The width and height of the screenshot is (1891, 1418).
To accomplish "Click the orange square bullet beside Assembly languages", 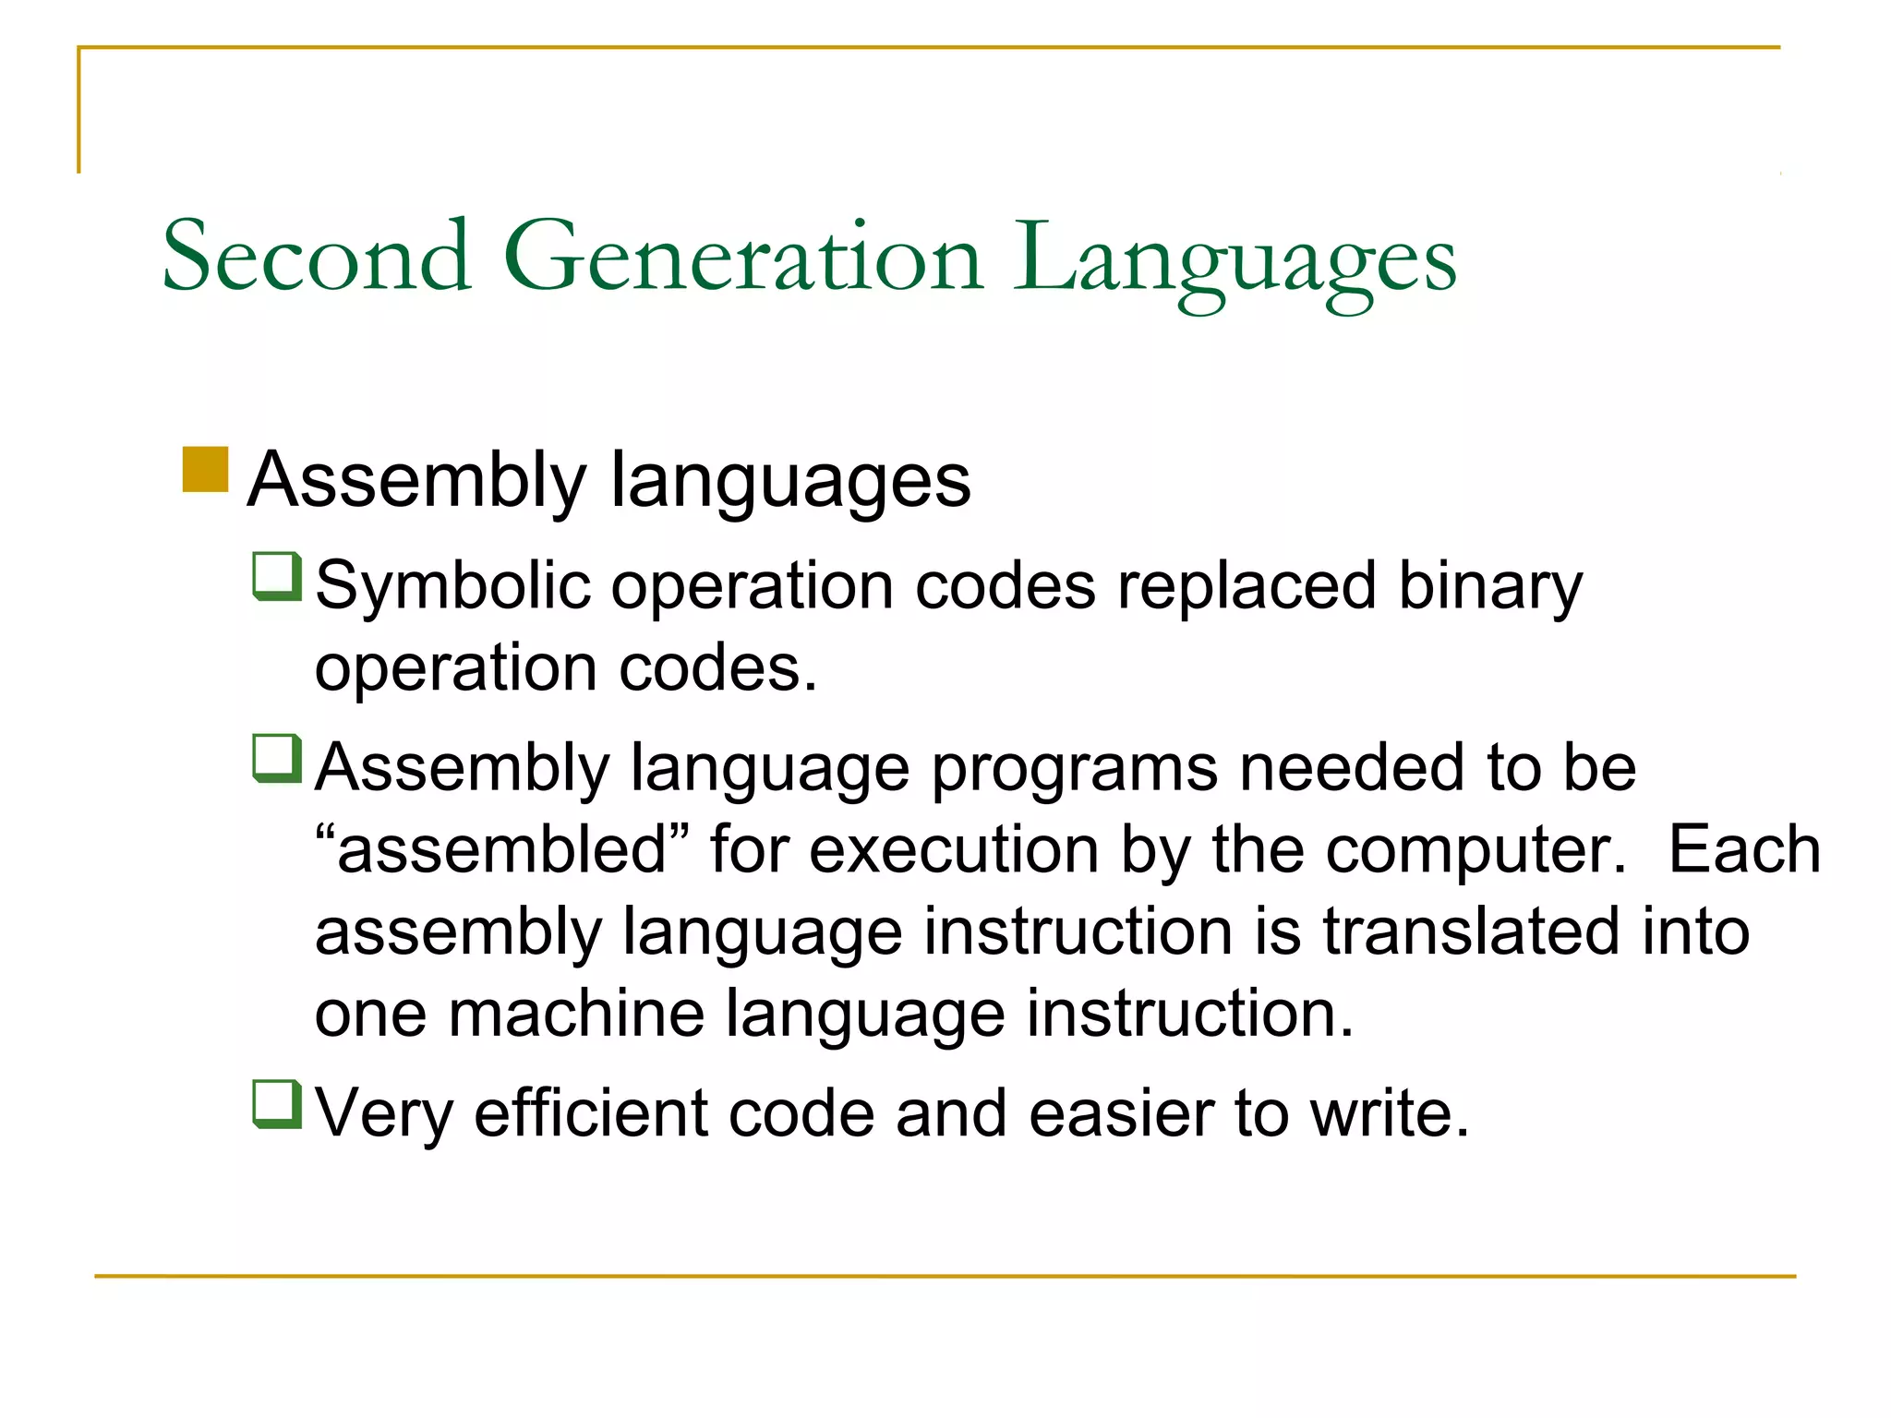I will point(205,470).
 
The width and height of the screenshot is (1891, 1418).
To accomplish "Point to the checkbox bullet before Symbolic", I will point(277,576).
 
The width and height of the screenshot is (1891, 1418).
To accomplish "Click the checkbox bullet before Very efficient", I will point(277,1104).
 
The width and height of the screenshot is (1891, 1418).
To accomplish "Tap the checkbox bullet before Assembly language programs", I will point(277,758).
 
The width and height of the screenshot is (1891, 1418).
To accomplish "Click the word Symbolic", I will point(452,587).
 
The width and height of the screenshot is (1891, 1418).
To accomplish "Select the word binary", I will point(1490,587).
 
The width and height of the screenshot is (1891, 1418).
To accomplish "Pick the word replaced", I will point(1247,587).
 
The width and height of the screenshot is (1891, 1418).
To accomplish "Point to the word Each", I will point(1744,849).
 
